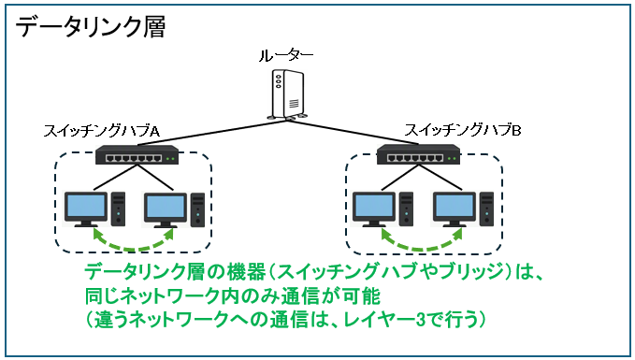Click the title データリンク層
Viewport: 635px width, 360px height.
click(90, 27)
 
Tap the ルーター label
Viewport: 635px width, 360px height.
click(286, 56)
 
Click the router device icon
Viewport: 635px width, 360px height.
click(286, 95)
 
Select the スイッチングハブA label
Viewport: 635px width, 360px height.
click(101, 131)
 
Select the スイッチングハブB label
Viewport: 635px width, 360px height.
click(463, 130)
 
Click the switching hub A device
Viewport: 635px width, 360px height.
click(137, 154)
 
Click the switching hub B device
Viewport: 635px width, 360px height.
click(418, 154)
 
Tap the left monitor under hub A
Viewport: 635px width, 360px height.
click(86, 209)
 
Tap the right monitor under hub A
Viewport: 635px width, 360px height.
click(166, 209)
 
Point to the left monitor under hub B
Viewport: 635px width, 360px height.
click(374, 209)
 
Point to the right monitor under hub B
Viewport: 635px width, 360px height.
click(455, 209)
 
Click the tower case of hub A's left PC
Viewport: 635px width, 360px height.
click(118, 209)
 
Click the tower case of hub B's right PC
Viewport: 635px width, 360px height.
click(487, 209)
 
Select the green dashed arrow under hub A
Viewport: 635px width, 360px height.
click(134, 248)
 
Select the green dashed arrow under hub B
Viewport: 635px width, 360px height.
click(423, 248)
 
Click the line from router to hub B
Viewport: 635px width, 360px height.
click(354, 132)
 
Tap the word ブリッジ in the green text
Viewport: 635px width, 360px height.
click(471, 271)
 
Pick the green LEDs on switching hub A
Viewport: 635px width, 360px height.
click(170, 159)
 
